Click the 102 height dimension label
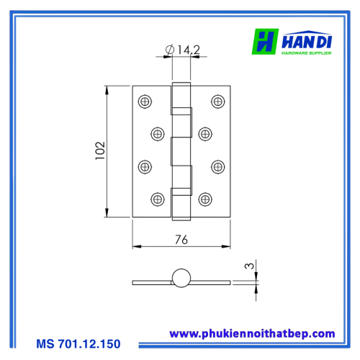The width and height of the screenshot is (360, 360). (x=100, y=150)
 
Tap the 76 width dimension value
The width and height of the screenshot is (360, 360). (x=181, y=240)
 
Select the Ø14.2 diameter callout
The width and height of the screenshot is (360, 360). (x=182, y=50)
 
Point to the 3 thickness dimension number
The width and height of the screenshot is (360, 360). (x=249, y=266)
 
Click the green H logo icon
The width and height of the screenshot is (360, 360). (x=265, y=42)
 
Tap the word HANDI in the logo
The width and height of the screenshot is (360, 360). (x=307, y=41)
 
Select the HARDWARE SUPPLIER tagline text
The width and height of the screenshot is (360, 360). (x=307, y=53)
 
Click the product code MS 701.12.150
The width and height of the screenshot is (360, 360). (x=78, y=343)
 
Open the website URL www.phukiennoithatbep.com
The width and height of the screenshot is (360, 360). (x=252, y=334)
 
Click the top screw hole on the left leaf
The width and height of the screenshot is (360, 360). (x=145, y=102)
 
